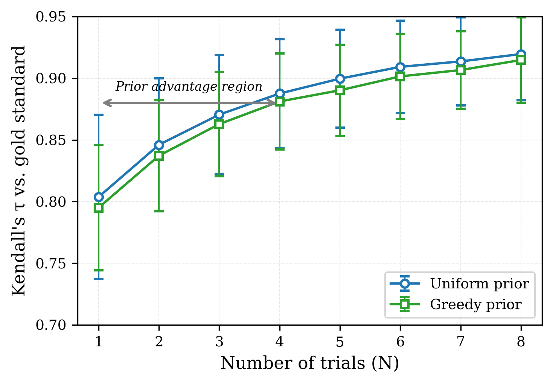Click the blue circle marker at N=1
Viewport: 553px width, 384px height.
pyautogui.click(x=99, y=197)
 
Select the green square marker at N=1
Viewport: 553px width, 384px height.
pyautogui.click(x=99, y=208)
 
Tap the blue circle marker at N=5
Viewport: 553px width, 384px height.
pyautogui.click(x=340, y=79)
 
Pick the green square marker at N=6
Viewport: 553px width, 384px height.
pyautogui.click(x=400, y=76)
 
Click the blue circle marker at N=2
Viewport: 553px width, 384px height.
pyautogui.click(x=159, y=145)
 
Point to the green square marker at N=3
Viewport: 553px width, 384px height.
pyautogui.click(x=219, y=124)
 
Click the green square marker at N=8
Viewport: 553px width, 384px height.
pyautogui.click(x=521, y=60)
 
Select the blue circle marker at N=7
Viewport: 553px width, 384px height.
pyautogui.click(x=460, y=61)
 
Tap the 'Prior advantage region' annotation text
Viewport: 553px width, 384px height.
pyautogui.click(x=189, y=87)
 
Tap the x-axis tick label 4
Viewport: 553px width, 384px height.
pyautogui.click(x=279, y=341)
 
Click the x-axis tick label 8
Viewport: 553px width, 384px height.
pyautogui.click(x=521, y=341)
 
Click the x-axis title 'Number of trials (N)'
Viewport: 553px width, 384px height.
pyautogui.click(x=309, y=364)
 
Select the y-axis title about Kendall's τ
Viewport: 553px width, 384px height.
pyautogui.click(x=19, y=171)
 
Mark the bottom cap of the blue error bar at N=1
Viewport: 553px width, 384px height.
pyautogui.click(x=99, y=279)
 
